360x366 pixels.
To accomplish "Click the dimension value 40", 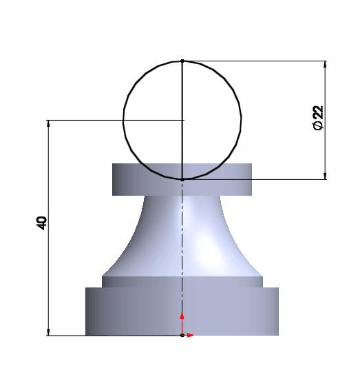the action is click(42, 223).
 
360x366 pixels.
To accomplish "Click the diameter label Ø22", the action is click(318, 118).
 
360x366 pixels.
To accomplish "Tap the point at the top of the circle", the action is click(182, 61).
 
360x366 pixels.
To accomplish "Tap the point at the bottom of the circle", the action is click(182, 179).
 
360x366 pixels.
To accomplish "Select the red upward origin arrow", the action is click(182, 324).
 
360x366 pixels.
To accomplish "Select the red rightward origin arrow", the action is click(188, 336).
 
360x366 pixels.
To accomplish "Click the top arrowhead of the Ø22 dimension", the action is click(326, 65).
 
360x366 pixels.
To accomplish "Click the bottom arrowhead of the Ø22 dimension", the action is click(326, 176).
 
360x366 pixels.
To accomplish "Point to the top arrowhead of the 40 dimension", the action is click(48, 124).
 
